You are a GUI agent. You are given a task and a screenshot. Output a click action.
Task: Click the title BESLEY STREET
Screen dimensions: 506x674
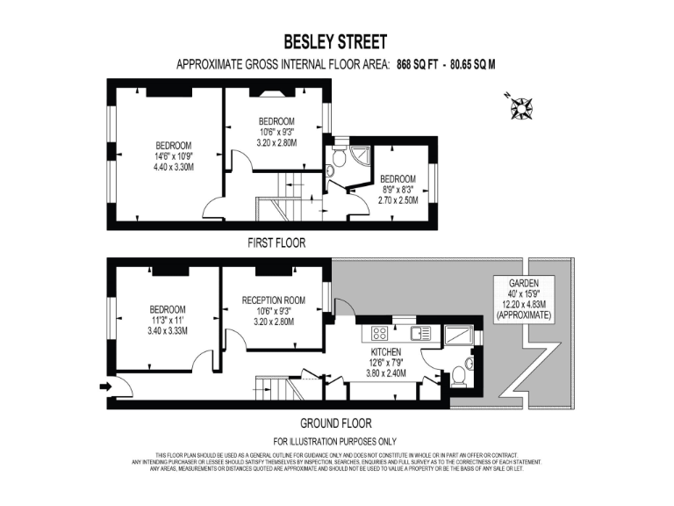tap(335, 41)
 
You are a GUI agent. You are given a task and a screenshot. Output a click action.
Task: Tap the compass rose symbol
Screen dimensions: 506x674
tap(525, 106)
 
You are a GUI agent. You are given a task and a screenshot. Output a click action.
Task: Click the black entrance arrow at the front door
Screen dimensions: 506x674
tap(107, 386)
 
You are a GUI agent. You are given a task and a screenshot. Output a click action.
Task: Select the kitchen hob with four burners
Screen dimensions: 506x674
tap(380, 333)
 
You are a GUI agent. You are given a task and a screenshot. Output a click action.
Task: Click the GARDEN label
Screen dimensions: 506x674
tap(523, 283)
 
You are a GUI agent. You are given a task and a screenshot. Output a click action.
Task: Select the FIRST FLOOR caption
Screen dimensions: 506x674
tap(276, 243)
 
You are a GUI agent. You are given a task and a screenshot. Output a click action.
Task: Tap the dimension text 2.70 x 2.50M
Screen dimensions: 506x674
tap(398, 200)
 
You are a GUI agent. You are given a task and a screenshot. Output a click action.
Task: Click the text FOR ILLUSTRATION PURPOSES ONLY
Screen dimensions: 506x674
tap(335, 441)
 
